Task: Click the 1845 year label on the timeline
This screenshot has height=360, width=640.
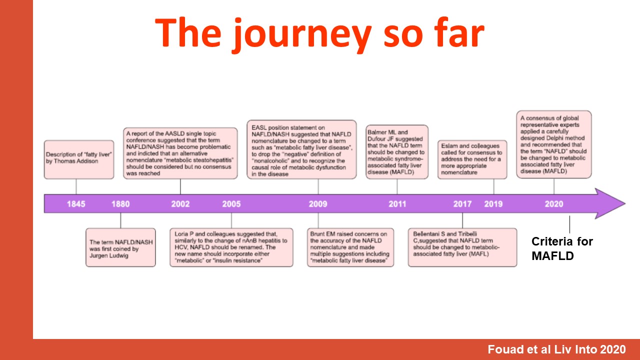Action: click(76, 204)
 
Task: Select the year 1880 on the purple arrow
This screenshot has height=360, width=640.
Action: click(120, 204)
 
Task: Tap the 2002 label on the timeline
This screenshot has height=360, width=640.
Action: click(180, 204)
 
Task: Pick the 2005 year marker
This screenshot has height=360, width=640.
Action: click(231, 204)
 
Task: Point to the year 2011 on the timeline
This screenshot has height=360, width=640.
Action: click(397, 204)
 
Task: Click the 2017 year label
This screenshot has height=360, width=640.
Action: click(462, 204)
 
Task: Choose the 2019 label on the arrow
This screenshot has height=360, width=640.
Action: click(493, 204)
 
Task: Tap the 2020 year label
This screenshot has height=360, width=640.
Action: click(554, 204)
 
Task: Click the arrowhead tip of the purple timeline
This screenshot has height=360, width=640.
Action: click(625, 203)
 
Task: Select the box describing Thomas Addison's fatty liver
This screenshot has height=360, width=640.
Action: click(79, 159)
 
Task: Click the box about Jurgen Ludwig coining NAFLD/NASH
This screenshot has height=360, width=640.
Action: click(120, 247)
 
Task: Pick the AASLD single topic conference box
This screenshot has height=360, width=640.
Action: click(180, 153)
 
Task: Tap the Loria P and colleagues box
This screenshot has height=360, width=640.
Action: click(231, 247)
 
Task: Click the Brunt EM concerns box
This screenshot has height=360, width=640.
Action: click(350, 247)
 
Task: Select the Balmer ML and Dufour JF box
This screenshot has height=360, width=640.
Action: click(397, 152)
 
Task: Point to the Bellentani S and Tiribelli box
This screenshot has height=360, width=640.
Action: click(462, 247)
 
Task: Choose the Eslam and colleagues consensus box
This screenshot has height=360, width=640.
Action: click(472, 159)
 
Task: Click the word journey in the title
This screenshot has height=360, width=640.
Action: click(302, 34)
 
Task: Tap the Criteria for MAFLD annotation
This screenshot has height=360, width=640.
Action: click(562, 248)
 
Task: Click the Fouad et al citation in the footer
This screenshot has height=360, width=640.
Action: click(556, 349)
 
